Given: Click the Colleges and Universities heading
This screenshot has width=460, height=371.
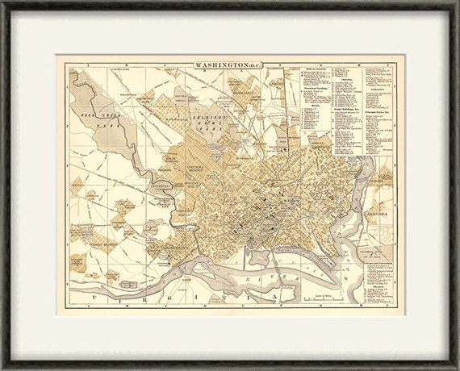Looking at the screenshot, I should click(376, 263).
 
